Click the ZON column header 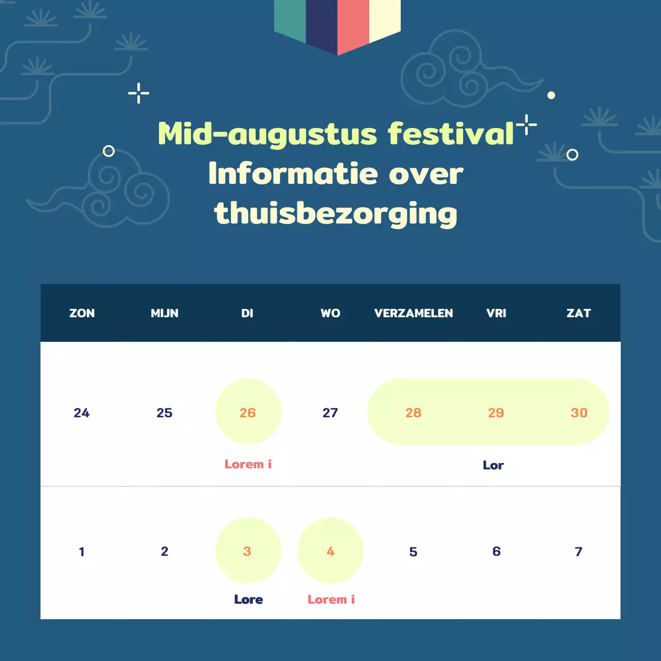point(82,313)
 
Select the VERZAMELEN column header point(413,313)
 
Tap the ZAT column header point(578,313)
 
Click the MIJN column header point(164,313)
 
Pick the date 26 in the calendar point(248,412)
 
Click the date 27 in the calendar point(330,413)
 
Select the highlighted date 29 point(496,413)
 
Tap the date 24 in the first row point(82,413)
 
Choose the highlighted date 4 point(330,551)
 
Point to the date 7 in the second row point(578,552)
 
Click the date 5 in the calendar point(413,552)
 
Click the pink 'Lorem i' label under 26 point(248,464)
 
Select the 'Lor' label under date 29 point(493,465)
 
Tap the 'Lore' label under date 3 point(248,600)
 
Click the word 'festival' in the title point(450,134)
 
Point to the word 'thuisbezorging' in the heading point(336,214)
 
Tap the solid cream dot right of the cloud point(551,95)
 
